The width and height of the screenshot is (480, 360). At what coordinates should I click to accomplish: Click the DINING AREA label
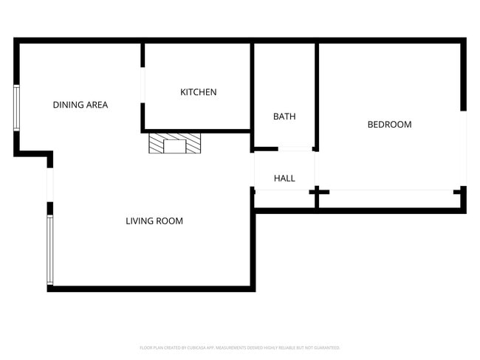pos(80,105)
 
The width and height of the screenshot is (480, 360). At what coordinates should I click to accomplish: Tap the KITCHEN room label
pos(199,92)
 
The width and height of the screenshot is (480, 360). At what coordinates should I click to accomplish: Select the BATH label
pos(284,117)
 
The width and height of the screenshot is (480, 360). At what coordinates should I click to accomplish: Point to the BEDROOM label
pos(389,124)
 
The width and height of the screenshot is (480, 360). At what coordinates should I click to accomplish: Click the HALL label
pos(284,178)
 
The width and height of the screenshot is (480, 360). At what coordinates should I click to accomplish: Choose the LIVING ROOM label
pos(154,221)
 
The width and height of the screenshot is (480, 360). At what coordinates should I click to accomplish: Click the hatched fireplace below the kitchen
pos(175,143)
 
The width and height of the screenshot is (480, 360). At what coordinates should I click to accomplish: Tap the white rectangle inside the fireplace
pos(175,145)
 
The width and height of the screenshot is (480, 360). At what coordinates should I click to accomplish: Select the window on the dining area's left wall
pos(16,108)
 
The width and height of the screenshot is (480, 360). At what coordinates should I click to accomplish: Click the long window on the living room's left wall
pos(49,249)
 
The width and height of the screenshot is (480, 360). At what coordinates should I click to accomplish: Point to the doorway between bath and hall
pos(295,150)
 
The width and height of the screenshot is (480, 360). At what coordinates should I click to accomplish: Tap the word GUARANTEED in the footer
pos(326,347)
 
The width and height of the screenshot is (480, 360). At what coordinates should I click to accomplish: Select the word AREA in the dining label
pos(97,105)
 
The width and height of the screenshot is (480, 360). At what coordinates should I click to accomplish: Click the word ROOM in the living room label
pos(169,221)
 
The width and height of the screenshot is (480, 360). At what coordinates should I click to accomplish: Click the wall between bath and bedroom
pos(317,92)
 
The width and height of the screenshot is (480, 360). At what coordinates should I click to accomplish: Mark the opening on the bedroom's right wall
pos(464,148)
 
